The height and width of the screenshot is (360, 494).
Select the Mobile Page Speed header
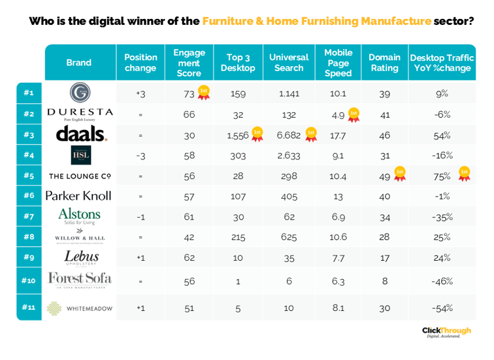[338, 63]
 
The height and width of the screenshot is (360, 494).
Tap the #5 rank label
[29, 175]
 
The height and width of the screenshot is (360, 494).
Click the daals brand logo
[81, 135]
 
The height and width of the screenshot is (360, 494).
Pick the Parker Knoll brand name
[78, 195]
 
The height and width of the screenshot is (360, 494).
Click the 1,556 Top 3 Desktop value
[238, 135]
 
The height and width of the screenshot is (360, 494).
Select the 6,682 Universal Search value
[288, 135]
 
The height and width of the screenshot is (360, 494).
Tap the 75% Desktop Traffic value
[446, 175]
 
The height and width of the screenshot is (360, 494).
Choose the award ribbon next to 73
[203, 93]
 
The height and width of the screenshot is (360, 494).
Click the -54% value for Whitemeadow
[442, 308]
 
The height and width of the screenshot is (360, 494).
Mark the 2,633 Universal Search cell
[288, 155]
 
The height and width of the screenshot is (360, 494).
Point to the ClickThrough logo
[446, 332]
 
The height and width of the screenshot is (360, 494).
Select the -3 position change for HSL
[140, 155]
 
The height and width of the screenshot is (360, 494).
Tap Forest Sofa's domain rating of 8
[384, 281]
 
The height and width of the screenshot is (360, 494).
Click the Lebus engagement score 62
[189, 257]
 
